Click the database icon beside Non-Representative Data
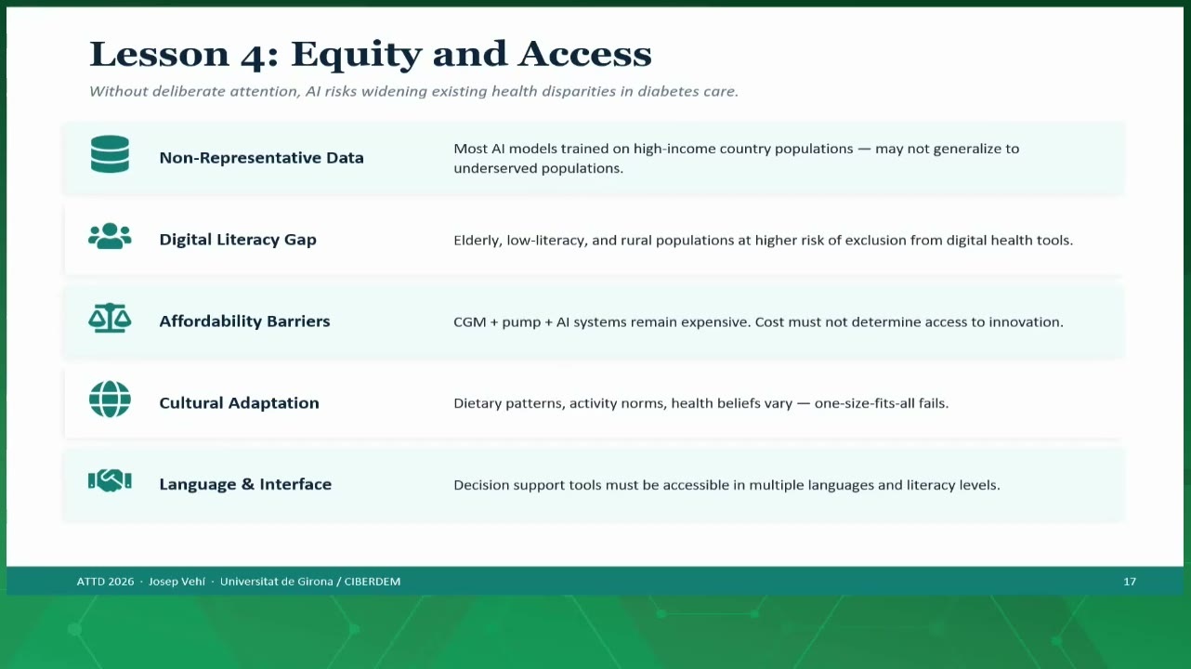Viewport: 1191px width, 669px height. tap(110, 154)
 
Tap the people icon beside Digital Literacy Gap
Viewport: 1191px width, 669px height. tap(110, 236)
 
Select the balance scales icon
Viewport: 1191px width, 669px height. tap(110, 318)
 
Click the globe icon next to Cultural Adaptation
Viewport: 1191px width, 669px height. tap(110, 399)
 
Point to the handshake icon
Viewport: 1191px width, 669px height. tap(110, 480)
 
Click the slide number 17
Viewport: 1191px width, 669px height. tap(1130, 582)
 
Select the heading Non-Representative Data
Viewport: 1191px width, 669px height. tap(262, 157)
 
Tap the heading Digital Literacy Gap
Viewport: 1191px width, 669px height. tap(238, 240)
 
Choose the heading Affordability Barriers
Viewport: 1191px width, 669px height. tap(244, 321)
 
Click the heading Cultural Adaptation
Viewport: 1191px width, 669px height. tap(240, 403)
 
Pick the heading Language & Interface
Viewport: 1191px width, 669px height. tap(245, 484)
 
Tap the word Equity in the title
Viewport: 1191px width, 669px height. tap(356, 56)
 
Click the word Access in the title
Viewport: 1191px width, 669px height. tap(585, 54)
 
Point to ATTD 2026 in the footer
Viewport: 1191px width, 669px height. tap(105, 582)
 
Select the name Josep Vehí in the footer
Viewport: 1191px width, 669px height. tap(177, 582)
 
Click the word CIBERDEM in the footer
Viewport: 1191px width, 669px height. tap(373, 582)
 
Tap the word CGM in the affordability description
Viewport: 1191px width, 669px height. tap(469, 322)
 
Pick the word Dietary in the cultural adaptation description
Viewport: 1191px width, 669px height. tap(477, 403)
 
